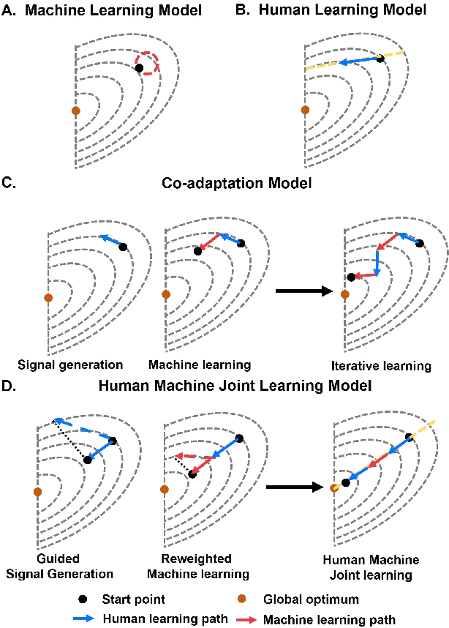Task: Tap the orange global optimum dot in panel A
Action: click(x=75, y=111)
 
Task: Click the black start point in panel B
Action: click(x=380, y=58)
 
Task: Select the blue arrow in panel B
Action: click(x=359, y=61)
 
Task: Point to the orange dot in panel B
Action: click(x=305, y=111)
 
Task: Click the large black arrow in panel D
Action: click(x=295, y=486)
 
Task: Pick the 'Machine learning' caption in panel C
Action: click(x=189, y=364)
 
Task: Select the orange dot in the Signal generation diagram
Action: click(x=48, y=298)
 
